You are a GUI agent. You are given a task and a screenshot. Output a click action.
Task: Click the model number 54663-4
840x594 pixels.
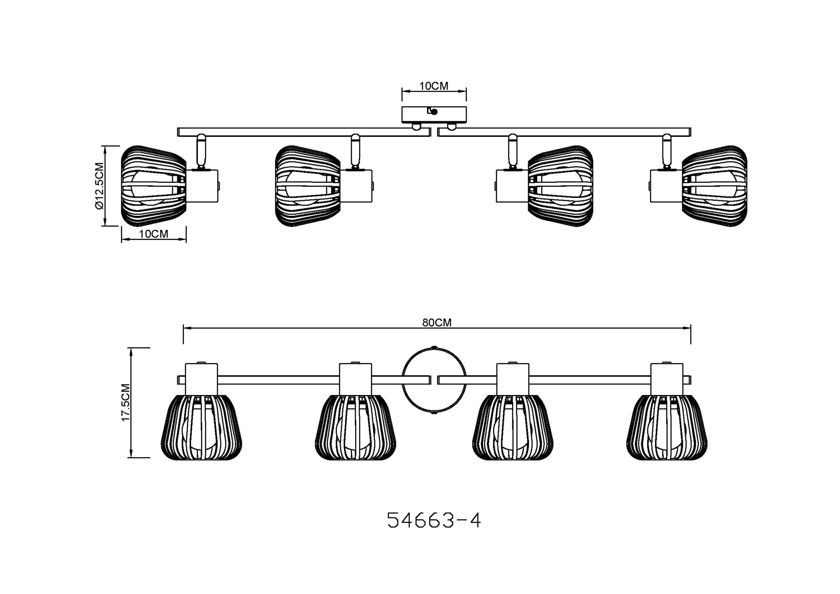pos(434,521)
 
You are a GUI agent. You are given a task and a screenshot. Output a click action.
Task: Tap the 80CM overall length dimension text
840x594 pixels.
pos(437,322)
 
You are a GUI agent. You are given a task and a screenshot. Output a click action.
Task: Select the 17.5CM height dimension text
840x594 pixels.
pos(126,403)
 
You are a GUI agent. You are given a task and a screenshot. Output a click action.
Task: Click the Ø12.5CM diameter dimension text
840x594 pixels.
pos(99,186)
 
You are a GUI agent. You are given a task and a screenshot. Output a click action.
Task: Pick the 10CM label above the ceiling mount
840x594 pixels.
pos(434,86)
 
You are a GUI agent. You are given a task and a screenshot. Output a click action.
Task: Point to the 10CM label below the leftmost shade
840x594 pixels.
pos(154,234)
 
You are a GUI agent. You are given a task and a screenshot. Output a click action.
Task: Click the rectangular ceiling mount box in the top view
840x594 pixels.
pos(434,115)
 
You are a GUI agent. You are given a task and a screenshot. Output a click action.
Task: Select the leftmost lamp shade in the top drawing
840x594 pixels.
pos(153,186)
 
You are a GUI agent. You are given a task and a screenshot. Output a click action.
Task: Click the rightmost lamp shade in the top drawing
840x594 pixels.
pos(715,186)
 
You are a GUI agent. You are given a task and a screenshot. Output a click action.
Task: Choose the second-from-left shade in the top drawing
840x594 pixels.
pos(308,186)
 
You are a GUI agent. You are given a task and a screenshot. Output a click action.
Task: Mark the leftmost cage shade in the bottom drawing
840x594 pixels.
pos(202,428)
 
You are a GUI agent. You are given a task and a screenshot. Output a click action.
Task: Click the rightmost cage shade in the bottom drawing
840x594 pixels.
pos(667,428)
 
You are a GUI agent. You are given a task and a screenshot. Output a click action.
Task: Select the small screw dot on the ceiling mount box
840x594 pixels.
pos(434,112)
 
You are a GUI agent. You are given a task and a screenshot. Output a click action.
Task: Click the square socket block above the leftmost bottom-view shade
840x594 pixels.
pos(201,379)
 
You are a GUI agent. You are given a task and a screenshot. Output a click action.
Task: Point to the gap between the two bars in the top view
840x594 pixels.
pos(434,132)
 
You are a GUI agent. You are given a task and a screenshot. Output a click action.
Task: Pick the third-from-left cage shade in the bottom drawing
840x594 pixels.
pos(513,428)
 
